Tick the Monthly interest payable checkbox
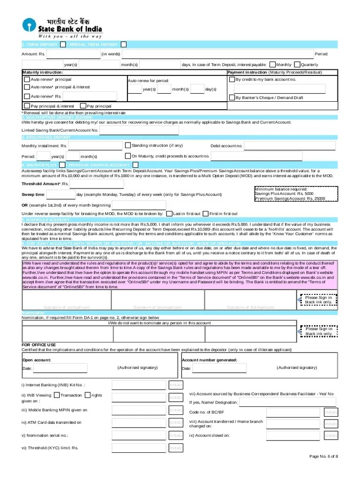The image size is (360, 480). coord(272,64)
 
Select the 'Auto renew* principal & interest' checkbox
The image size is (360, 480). coord(27,87)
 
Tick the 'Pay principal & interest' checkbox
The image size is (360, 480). coord(27,106)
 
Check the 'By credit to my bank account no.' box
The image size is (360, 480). coord(232,80)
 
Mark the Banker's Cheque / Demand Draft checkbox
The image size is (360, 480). coord(232,97)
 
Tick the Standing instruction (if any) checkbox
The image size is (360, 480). coord(127,145)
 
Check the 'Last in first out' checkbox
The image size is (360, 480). coord(169,214)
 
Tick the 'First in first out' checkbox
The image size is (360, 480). coord(205,214)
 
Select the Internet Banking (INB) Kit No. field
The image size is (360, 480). coord(139,385)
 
